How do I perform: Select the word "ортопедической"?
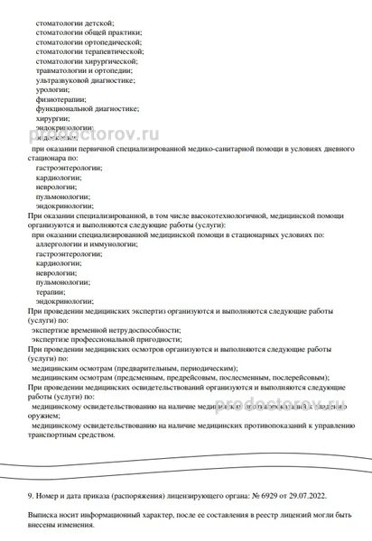112,41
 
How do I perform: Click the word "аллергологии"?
63,244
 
